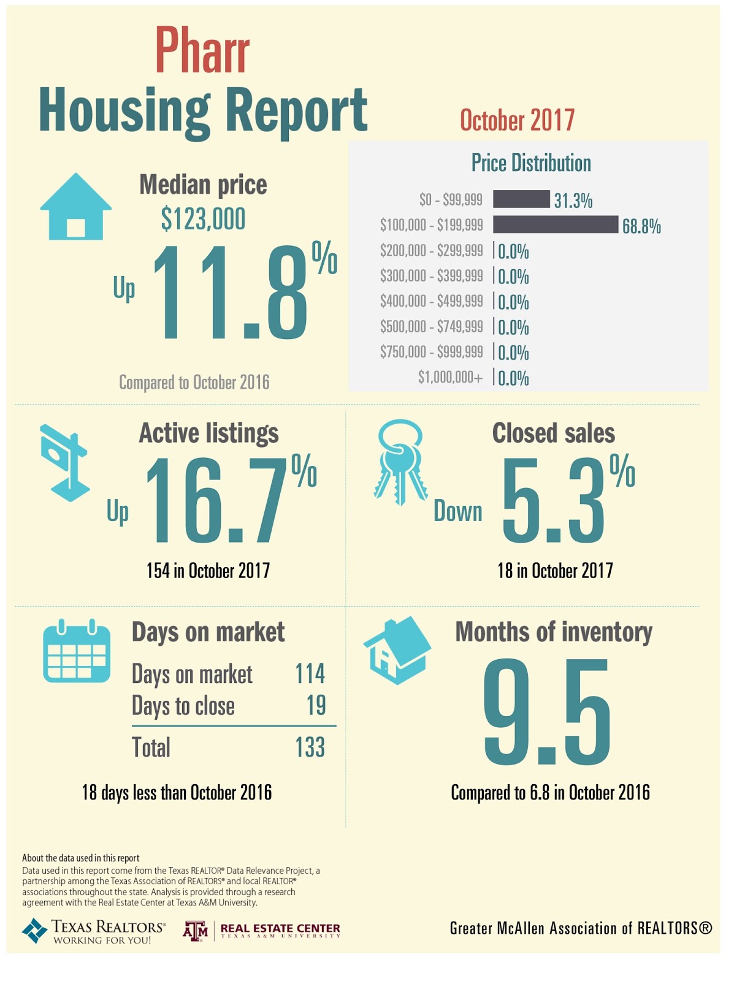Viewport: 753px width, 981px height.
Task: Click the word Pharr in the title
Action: coord(202,52)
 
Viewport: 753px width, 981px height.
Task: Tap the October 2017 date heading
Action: coord(517,120)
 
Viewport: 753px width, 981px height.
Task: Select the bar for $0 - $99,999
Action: coord(521,199)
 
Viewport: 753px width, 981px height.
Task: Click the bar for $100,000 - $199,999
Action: coord(555,224)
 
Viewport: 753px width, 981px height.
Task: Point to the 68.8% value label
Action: coord(641,227)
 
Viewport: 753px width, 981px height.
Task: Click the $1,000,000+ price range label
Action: coord(450,377)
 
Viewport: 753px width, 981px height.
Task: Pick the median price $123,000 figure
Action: coord(203,219)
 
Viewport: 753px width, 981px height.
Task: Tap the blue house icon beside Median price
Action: coord(75,207)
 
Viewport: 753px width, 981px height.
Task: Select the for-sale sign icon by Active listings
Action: coord(64,462)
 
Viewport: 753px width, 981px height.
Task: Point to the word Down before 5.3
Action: coord(457,511)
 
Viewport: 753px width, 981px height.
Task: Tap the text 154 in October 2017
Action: coord(208,571)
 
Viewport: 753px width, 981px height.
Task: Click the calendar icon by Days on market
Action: coord(77,652)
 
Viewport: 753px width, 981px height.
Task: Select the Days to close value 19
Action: coord(316,706)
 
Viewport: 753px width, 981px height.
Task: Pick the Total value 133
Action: coord(310,747)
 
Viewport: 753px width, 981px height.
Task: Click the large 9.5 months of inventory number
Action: coord(546,712)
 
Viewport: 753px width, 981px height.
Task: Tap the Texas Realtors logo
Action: coord(93,931)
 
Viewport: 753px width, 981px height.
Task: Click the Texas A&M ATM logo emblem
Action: coord(196,931)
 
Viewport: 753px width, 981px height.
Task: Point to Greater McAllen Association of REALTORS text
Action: coord(580,928)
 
